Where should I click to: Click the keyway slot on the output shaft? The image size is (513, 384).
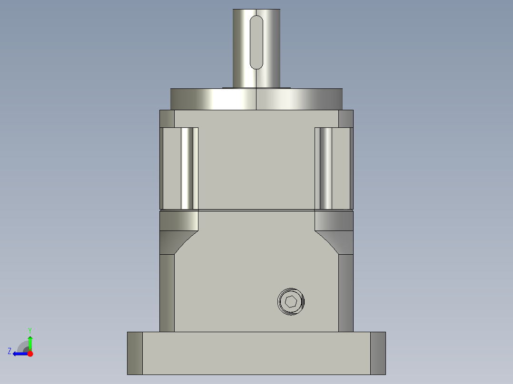(256, 42)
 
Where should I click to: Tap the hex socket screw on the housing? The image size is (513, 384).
(291, 301)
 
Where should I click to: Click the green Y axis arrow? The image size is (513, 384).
(30, 342)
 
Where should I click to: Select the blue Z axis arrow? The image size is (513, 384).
(19, 354)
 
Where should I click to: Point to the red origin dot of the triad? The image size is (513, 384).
(30, 354)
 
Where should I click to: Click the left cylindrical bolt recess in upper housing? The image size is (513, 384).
(189, 168)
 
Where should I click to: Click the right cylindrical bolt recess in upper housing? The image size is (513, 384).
(326, 168)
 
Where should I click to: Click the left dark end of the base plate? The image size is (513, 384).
(135, 353)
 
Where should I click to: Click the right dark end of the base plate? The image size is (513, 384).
(378, 353)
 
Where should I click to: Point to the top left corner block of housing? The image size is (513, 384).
(167, 118)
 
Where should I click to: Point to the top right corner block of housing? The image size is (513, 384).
(346, 118)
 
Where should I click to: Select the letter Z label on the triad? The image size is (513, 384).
(10, 351)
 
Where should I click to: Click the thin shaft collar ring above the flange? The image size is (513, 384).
(256, 87)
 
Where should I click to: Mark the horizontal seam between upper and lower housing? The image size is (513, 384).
(256, 210)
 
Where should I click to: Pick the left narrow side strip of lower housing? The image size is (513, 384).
(167, 292)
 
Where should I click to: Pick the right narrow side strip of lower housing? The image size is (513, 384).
(346, 292)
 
